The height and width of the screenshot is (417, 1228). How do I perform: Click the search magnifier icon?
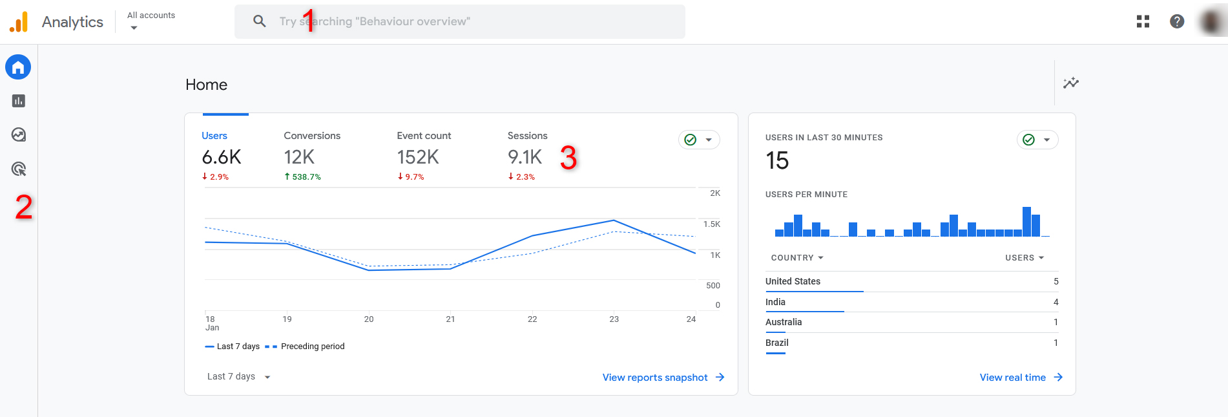pos(260,21)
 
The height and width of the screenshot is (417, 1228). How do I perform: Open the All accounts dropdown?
pos(151,21)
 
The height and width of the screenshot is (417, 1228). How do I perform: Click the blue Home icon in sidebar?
pos(18,67)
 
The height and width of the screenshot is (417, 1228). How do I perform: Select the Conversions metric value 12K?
pos(299,157)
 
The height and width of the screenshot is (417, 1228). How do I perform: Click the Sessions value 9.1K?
pos(525,157)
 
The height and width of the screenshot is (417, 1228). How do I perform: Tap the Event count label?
pos(424,136)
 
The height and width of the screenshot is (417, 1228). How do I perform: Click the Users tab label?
pos(214,136)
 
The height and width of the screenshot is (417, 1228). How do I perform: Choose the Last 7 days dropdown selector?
pos(238,377)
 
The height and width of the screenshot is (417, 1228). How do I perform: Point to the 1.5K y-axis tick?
pos(711,224)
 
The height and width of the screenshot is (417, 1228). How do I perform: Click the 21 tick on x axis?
pos(450,319)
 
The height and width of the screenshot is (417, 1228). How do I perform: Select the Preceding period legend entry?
pos(312,347)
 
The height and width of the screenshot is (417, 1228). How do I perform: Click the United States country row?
pos(793,281)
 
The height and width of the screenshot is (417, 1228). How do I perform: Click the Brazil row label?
pos(777,343)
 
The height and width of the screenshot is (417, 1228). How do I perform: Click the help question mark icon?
pos(1177,21)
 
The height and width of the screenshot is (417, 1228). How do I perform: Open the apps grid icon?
pos(1143,21)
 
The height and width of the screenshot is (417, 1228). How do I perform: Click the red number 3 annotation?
pos(568,158)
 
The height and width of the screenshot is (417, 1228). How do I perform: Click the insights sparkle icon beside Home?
pos(1071,83)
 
